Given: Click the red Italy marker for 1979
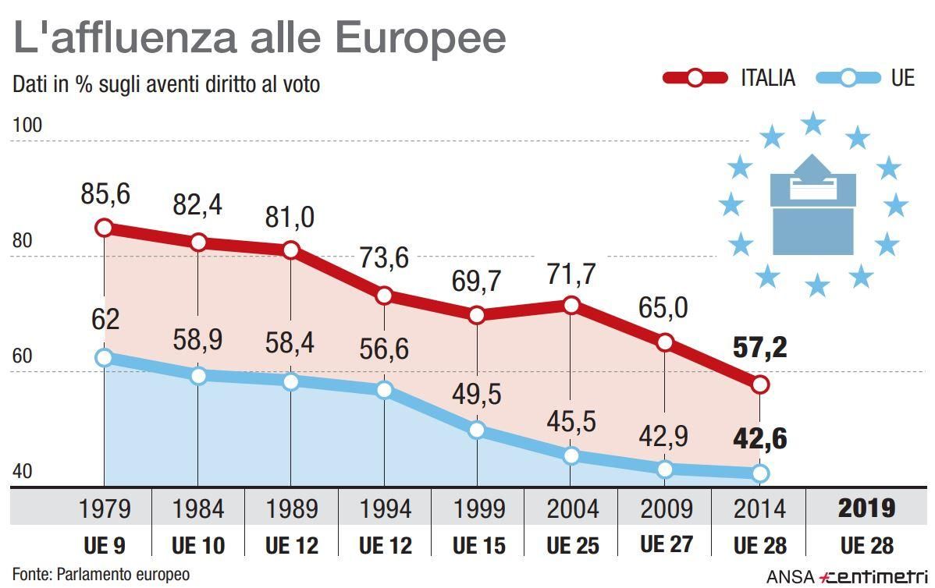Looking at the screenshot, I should tap(105, 228).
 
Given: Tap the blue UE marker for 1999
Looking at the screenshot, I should tap(477, 430).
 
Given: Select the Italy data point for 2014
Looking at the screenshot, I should tap(759, 384).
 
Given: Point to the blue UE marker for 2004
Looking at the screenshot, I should tap(571, 455).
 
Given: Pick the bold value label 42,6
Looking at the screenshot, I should tap(759, 439).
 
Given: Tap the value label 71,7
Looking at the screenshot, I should tap(571, 274).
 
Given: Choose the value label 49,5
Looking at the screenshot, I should tap(477, 395).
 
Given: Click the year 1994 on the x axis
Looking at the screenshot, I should tap(385, 509).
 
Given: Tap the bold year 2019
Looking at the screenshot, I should tap(866, 508).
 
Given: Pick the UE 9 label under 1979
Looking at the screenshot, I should tap(105, 546).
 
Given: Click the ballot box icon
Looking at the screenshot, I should tap(812, 207).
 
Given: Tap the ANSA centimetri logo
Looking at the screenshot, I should tap(847, 576).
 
